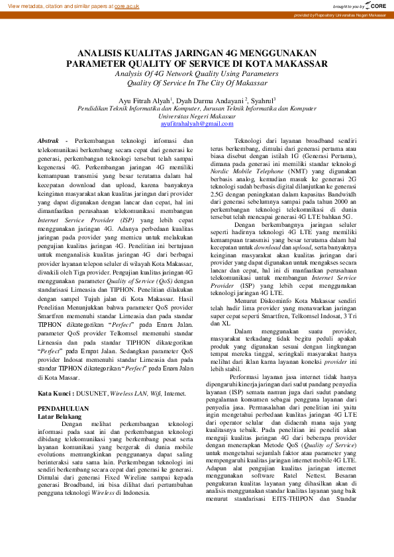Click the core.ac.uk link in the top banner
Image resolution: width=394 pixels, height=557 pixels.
click(126, 6)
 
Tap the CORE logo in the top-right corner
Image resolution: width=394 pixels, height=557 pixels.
click(375, 5)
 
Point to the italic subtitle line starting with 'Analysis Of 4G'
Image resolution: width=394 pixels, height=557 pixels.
click(197, 74)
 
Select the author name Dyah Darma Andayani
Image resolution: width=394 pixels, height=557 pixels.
click(211, 101)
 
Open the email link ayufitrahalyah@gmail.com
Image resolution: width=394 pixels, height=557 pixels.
click(197, 123)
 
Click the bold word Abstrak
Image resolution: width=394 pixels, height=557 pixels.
click(49, 141)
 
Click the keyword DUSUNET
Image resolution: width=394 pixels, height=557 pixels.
click(95, 392)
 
